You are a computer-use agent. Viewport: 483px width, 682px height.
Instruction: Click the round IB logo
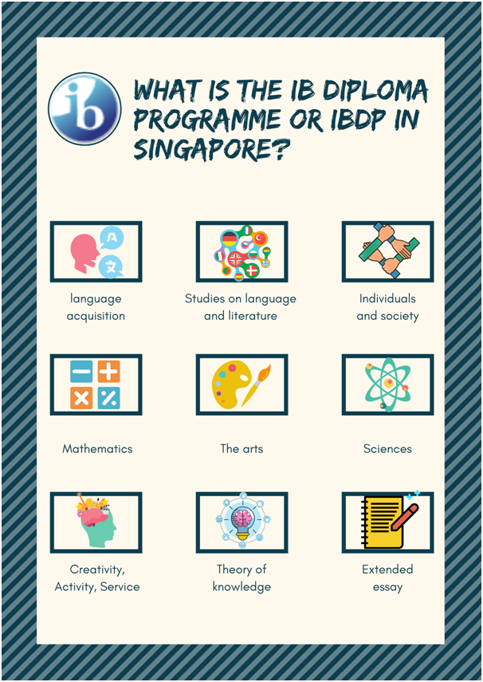coord(84,108)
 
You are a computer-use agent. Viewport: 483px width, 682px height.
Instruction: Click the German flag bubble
coord(229,238)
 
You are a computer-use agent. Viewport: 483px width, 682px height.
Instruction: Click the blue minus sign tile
coord(81,372)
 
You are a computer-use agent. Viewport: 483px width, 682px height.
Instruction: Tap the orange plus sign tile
coord(108,372)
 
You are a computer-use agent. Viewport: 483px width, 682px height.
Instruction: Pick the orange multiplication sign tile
coord(81,398)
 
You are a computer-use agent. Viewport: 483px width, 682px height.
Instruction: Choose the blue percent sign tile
coord(108,398)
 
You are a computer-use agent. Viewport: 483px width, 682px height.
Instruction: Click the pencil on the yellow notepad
coord(405,517)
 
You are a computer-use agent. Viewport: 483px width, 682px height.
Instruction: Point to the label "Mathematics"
coord(97,449)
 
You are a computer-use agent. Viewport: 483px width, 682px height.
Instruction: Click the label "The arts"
coord(241,449)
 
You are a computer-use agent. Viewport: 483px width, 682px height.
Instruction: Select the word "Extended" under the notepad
coord(387,570)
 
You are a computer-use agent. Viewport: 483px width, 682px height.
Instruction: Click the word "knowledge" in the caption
coord(241,587)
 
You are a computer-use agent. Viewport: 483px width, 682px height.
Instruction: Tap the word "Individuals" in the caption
coord(387,299)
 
